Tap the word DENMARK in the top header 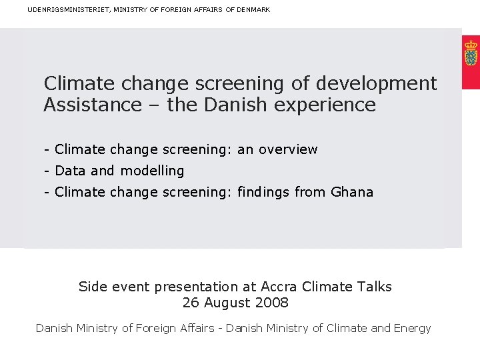(253, 9)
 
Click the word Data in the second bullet (70, 171)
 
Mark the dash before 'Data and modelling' (47, 171)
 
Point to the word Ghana (352, 192)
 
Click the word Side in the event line (93, 287)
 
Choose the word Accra (279, 287)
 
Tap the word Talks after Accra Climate (373, 287)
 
